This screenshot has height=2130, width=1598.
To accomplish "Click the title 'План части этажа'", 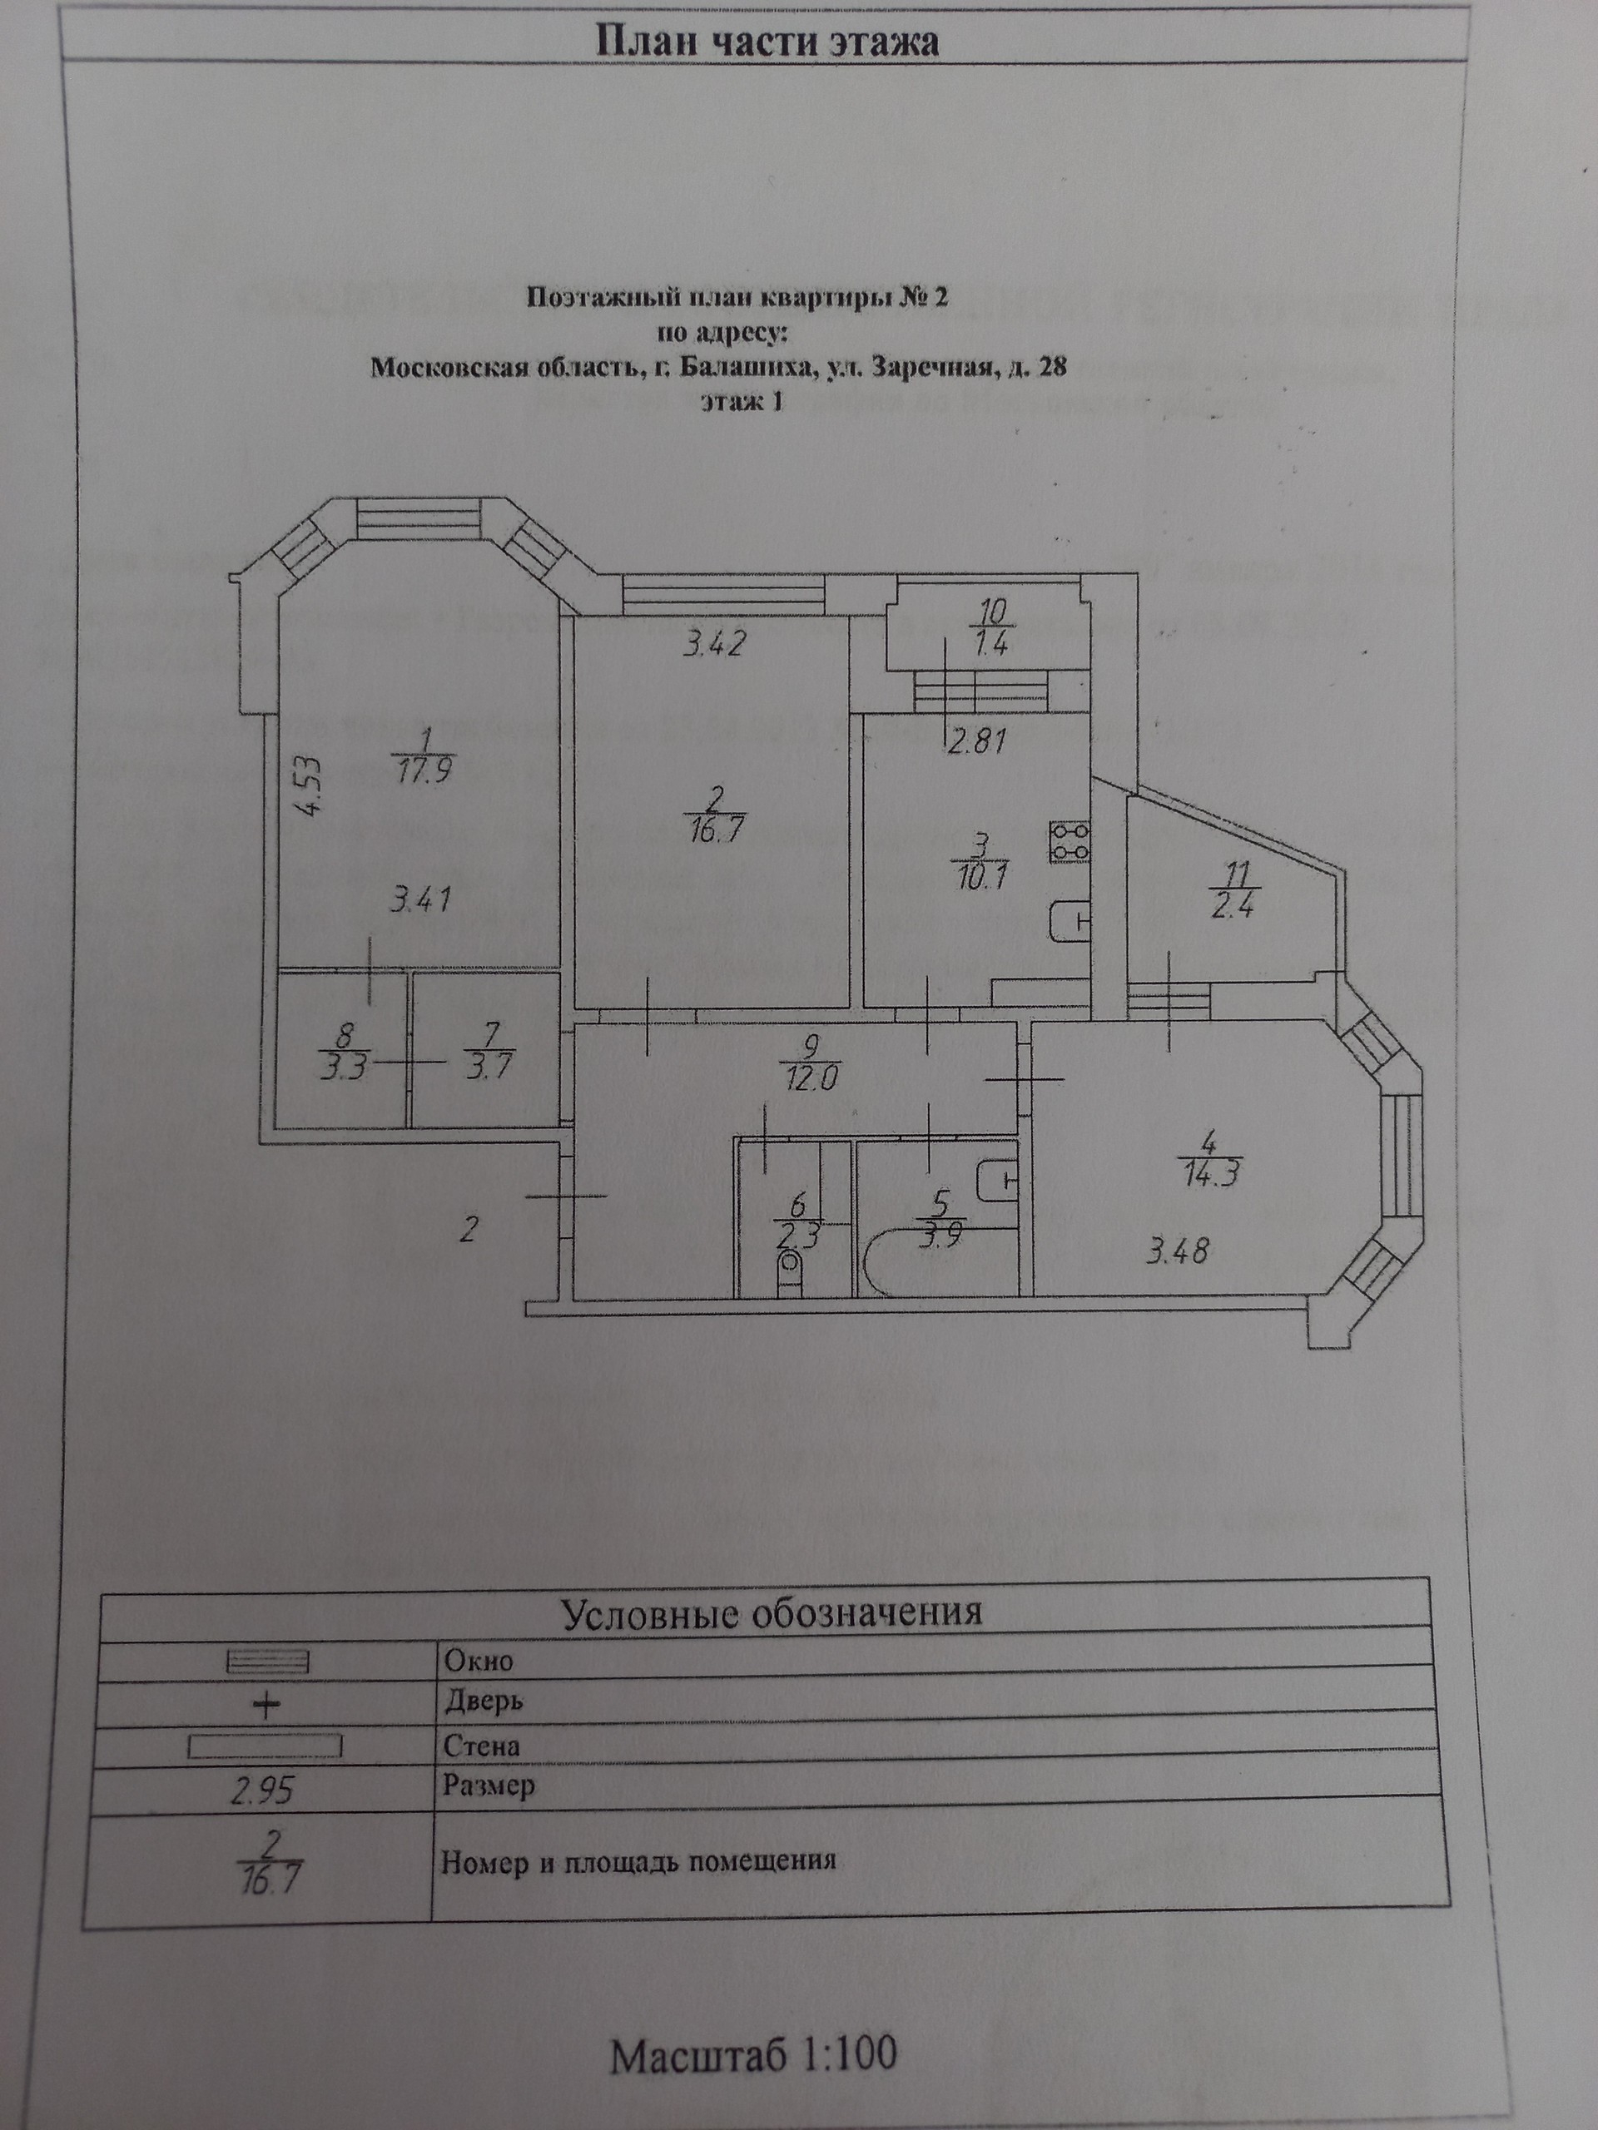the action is (x=767, y=42).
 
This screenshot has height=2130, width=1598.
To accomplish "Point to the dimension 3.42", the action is (x=714, y=643).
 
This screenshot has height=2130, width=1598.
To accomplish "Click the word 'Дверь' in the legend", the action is (x=484, y=1701).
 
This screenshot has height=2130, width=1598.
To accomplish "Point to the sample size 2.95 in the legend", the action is (x=262, y=1790).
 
